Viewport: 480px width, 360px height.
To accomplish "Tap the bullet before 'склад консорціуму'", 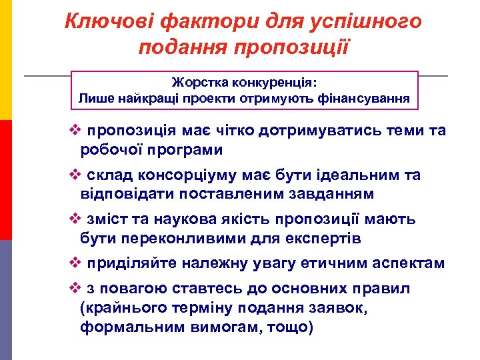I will pyautogui.click(x=75, y=176).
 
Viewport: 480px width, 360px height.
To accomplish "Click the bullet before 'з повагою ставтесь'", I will pyautogui.click(x=75, y=289).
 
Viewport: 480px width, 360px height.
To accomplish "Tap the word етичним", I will pyautogui.click(x=339, y=264).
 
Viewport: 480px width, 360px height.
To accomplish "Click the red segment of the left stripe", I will pyautogui.click(x=6, y=180).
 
